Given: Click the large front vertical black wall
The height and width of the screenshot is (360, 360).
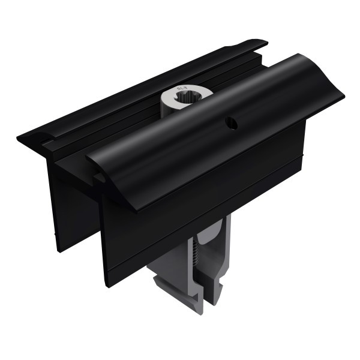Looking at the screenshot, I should (198, 198).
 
